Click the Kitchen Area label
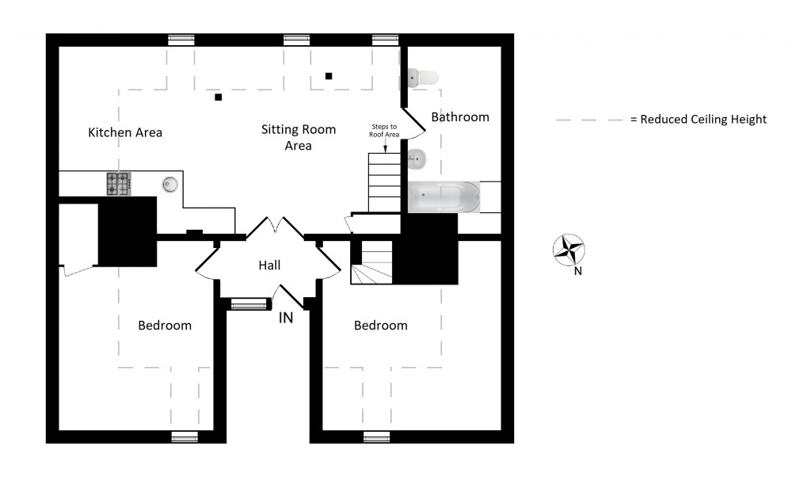(125, 132)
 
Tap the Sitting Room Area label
(299, 137)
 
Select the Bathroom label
(460, 117)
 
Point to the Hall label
(269, 265)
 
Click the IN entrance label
(286, 317)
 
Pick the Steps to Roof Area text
(384, 131)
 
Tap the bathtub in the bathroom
(444, 197)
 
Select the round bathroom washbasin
(417, 159)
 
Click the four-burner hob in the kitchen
(119, 184)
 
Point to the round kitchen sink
(169, 185)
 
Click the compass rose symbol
(569, 250)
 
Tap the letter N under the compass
(577, 271)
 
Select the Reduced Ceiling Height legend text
(699, 119)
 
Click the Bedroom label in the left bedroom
(165, 326)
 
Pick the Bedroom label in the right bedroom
(381, 326)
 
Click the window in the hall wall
(249, 304)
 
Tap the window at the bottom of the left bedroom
(185, 437)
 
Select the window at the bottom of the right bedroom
(376, 437)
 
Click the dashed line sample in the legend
(589, 120)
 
